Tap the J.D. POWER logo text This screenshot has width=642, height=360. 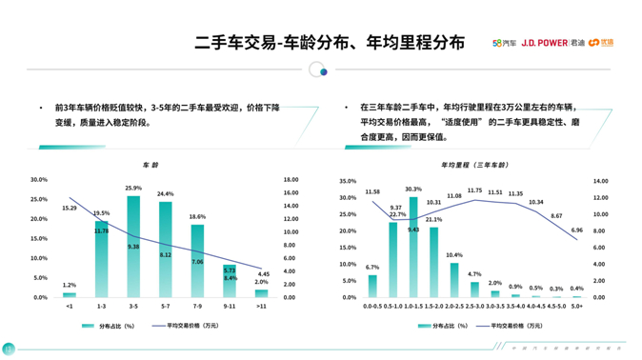coord(542,43)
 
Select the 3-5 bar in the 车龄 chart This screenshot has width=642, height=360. coord(132,247)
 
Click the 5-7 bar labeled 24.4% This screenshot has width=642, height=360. coord(165,250)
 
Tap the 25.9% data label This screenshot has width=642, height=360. coord(132,189)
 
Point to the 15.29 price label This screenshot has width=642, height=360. coord(70,208)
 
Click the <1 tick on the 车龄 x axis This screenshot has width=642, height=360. coord(70,307)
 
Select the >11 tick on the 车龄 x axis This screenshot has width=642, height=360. coord(262,307)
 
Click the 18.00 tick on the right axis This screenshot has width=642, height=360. coord(291,179)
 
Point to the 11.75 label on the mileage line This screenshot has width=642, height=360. coord(474,191)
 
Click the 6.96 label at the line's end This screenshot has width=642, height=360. coord(576,230)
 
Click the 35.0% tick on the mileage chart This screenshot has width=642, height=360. coord(348,181)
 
